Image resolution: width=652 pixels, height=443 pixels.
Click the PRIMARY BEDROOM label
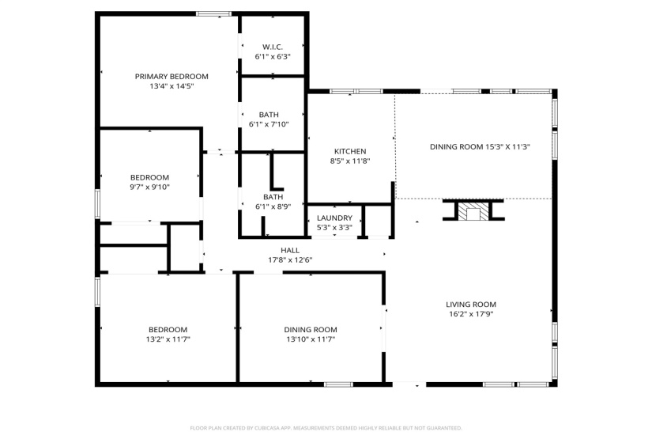pos(171,77)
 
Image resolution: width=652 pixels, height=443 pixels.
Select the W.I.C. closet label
pos(273,47)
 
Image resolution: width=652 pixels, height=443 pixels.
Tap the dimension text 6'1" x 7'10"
pos(273,124)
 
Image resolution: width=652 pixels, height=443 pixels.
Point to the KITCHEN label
pos(349,151)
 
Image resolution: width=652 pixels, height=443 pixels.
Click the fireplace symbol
pos(473,210)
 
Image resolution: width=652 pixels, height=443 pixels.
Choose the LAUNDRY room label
pos(334,218)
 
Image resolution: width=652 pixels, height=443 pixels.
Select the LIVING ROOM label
pos(470,304)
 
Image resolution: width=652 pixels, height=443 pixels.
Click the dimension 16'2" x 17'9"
pos(470,313)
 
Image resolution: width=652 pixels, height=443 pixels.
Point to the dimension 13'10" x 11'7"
pos(311,339)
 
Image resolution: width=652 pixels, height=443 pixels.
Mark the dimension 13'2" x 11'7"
pos(168,339)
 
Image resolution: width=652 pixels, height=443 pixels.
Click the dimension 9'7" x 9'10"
pos(149,187)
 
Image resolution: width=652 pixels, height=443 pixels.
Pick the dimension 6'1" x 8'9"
pos(273,206)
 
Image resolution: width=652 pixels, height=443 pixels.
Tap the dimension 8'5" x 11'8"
pos(349,161)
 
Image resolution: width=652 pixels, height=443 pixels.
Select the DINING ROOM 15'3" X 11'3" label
pos(480,146)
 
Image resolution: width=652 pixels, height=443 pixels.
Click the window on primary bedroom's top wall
pos(213,13)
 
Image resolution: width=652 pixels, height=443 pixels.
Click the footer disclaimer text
pos(326,428)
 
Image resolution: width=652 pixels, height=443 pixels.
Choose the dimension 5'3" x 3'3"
pos(334,228)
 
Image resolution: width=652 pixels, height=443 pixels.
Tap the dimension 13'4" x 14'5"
pos(171,86)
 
